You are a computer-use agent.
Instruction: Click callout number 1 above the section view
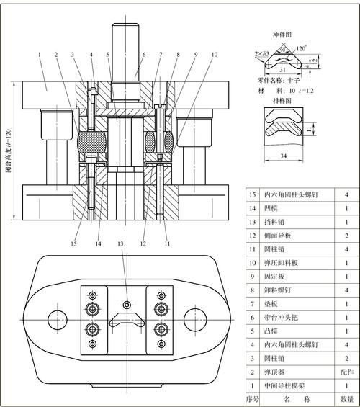tap(37, 54)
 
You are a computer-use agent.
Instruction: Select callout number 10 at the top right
tap(214, 54)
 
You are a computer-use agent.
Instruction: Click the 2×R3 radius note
tap(263, 54)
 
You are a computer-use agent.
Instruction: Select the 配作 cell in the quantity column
tap(347, 372)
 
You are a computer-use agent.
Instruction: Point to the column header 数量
tap(347, 398)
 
